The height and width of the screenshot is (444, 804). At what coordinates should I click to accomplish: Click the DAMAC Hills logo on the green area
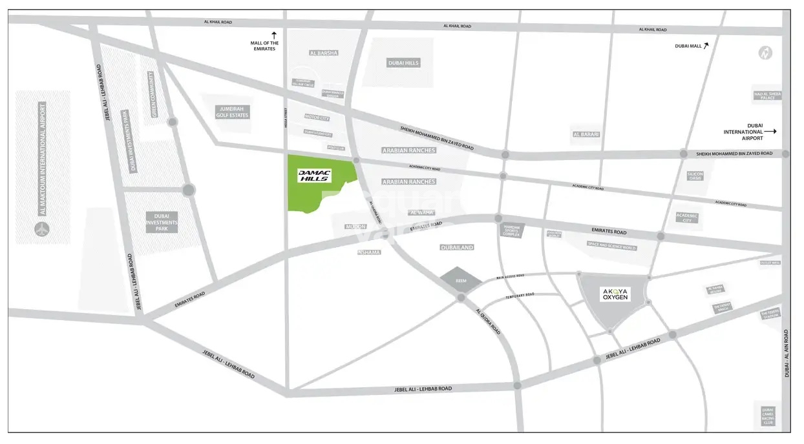[x=313, y=175]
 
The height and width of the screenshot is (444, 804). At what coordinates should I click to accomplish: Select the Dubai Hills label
[x=403, y=63]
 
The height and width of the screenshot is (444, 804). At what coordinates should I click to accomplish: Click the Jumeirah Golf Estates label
[x=233, y=112]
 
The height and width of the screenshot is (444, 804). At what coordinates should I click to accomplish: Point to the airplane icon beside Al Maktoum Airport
[x=43, y=228]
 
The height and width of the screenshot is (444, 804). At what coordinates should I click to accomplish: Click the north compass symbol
[x=765, y=53]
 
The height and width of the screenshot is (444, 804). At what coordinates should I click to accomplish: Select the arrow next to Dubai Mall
[x=706, y=45]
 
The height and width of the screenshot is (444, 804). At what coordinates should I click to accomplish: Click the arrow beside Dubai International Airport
[x=770, y=131]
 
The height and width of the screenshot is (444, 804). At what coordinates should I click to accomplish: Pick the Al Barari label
[x=586, y=134]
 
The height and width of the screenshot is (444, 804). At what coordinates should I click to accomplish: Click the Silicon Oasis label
[x=695, y=176]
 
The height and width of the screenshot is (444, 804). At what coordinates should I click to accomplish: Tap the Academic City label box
[x=686, y=217]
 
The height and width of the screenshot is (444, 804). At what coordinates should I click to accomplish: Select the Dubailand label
[x=457, y=247]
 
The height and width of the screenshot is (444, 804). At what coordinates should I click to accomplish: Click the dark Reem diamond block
[x=461, y=281]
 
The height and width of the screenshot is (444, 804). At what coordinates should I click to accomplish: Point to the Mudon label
[x=355, y=227]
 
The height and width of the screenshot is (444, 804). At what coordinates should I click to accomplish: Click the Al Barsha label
[x=324, y=53]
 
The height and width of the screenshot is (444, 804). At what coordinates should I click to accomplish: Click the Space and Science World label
[x=611, y=245]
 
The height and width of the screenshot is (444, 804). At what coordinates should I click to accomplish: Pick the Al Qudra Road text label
[x=488, y=320]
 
